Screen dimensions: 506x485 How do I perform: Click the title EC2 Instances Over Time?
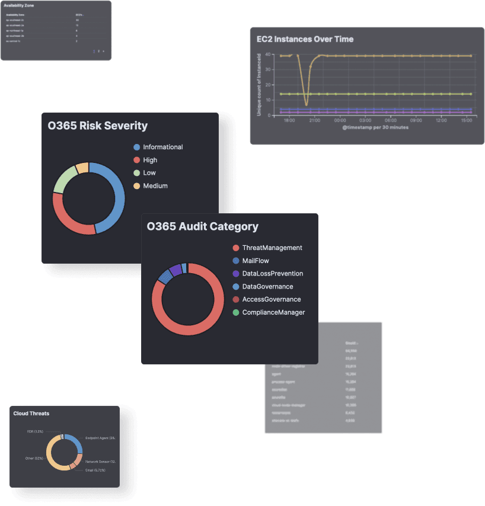[x=305, y=39]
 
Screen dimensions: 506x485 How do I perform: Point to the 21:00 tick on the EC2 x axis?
[x=314, y=120]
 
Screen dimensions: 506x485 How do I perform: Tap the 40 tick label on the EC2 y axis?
[x=269, y=55]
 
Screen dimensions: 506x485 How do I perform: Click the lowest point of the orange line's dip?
[x=306, y=105]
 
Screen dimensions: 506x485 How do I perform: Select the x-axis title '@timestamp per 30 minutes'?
[x=375, y=127]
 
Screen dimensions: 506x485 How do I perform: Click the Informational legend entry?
[x=162, y=147]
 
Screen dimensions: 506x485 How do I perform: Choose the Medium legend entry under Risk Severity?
[x=155, y=186]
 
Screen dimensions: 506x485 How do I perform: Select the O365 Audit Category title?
[x=202, y=226]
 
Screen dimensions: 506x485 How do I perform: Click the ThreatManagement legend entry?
[x=272, y=248]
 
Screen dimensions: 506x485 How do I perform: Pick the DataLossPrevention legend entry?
[x=272, y=274]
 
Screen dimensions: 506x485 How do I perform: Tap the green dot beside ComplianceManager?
[x=236, y=312]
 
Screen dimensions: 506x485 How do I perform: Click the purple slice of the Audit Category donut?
[x=175, y=270]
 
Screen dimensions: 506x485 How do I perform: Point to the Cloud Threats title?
[x=31, y=414]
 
